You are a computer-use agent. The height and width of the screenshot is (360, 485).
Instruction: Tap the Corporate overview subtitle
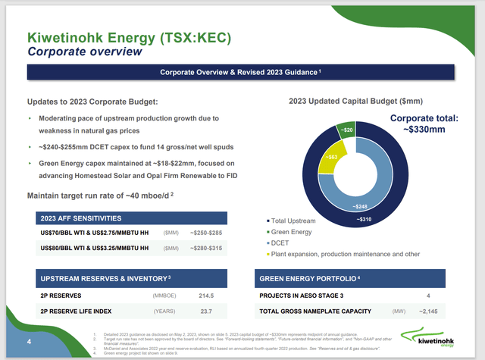click(x=84, y=52)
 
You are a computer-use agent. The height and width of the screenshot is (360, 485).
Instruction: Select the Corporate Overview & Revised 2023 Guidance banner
click(x=241, y=72)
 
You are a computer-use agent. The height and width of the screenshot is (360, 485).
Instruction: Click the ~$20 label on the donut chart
click(x=345, y=130)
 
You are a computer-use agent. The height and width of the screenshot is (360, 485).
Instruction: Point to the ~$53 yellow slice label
click(x=332, y=157)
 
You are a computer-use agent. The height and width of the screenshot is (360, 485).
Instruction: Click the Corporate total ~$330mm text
click(x=427, y=124)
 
